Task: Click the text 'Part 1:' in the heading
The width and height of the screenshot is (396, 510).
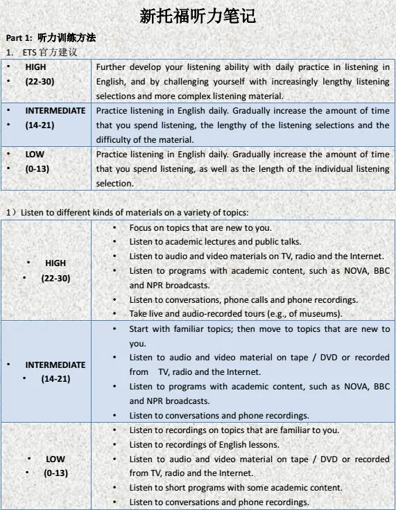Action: [19, 38]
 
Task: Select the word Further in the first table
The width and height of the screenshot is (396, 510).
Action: [113, 67]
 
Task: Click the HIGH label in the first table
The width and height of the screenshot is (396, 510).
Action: [36, 67]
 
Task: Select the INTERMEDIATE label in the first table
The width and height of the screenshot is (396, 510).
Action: [55, 110]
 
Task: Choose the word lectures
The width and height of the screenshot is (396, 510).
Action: [225, 241]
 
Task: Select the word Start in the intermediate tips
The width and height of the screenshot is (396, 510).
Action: [141, 329]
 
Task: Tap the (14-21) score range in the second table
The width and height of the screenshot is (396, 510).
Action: [55, 379]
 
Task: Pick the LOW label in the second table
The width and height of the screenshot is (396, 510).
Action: [55, 459]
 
